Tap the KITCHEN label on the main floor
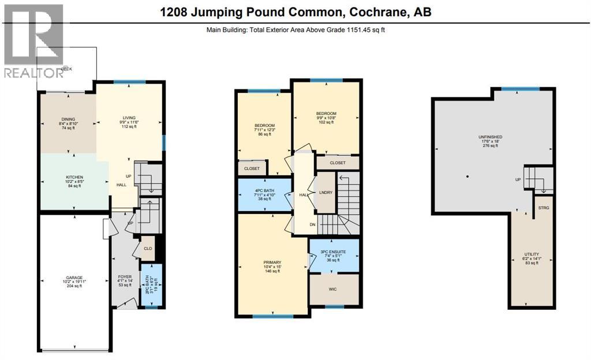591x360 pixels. click(74, 177)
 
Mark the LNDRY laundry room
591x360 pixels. click(325, 194)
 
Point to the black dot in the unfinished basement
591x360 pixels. click(467, 176)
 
